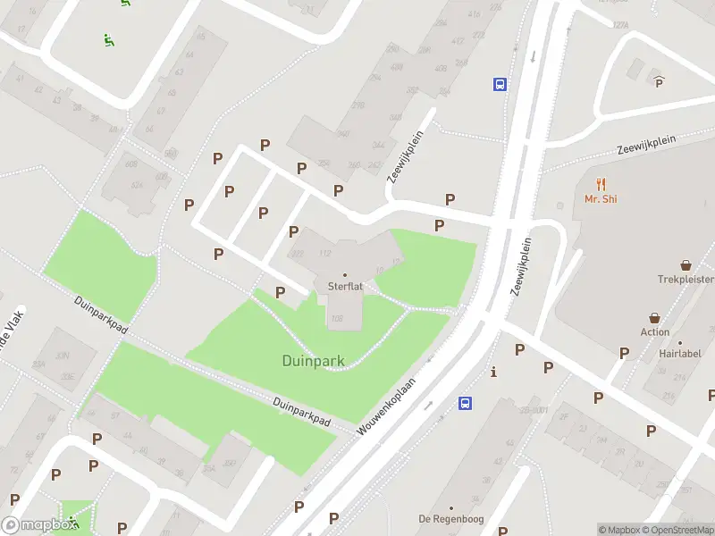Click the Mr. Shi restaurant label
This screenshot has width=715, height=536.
pos(601,199)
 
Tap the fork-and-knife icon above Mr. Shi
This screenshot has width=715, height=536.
pos(601,184)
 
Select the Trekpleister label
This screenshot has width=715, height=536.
pos(686,280)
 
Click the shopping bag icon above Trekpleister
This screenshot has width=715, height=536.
pos(686,265)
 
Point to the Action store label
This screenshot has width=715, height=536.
pos(654,332)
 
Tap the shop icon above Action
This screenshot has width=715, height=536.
pos(654,318)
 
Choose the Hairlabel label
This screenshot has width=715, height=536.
pos(680,354)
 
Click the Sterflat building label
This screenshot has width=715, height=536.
pos(345,287)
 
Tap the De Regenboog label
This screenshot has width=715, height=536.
pos(450,519)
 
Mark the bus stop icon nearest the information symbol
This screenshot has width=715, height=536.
pos(466,403)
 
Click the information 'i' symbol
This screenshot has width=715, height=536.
pos(492,372)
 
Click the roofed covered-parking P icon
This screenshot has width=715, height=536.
pos(660,82)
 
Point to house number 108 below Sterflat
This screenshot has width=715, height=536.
pos(337,319)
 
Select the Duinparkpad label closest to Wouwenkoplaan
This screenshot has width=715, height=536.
pos(302,412)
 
